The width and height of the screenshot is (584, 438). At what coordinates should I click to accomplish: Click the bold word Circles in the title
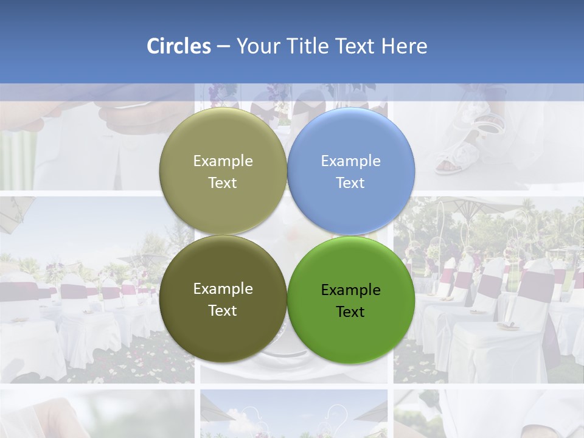coord(178,46)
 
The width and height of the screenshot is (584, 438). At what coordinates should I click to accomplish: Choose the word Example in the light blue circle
coord(350,161)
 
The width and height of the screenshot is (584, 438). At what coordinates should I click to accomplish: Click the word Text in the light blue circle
coord(350,183)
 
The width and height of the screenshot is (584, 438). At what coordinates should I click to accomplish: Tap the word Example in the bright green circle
coord(350,290)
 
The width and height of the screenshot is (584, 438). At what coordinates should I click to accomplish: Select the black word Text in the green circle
coord(350,312)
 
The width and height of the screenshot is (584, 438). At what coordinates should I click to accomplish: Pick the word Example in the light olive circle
coord(223,161)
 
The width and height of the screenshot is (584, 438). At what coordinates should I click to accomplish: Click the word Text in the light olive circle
coord(223,183)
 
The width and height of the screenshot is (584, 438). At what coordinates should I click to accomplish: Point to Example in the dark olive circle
coord(223,289)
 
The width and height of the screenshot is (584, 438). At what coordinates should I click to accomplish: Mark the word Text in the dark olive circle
coord(223,311)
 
